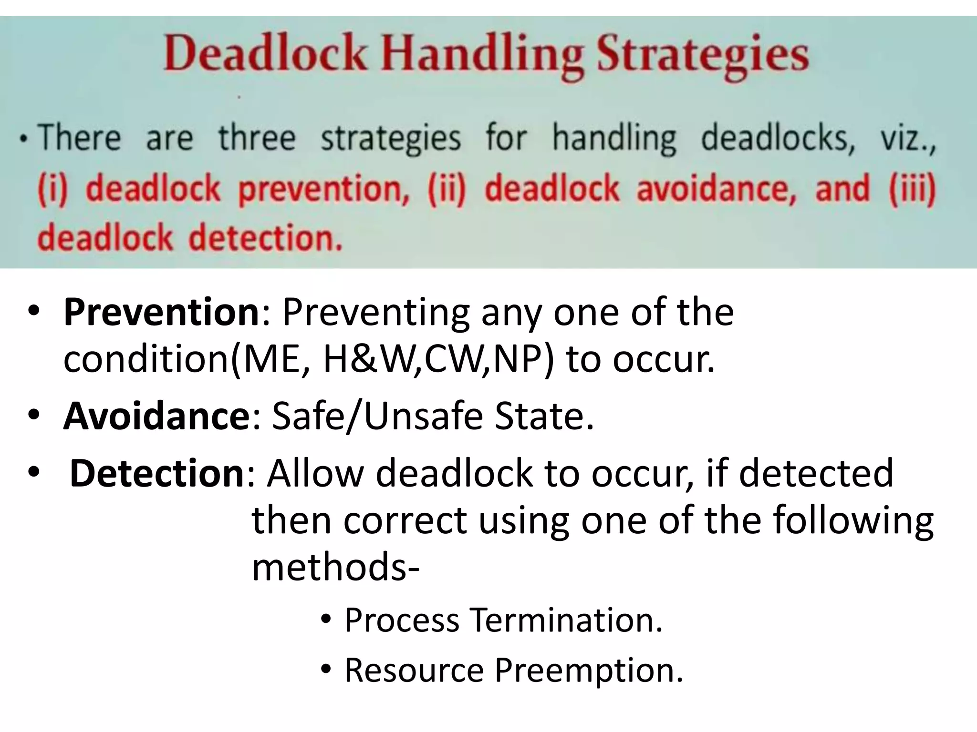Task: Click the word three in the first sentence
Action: (257, 138)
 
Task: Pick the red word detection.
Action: (266, 238)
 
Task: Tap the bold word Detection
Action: (157, 473)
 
